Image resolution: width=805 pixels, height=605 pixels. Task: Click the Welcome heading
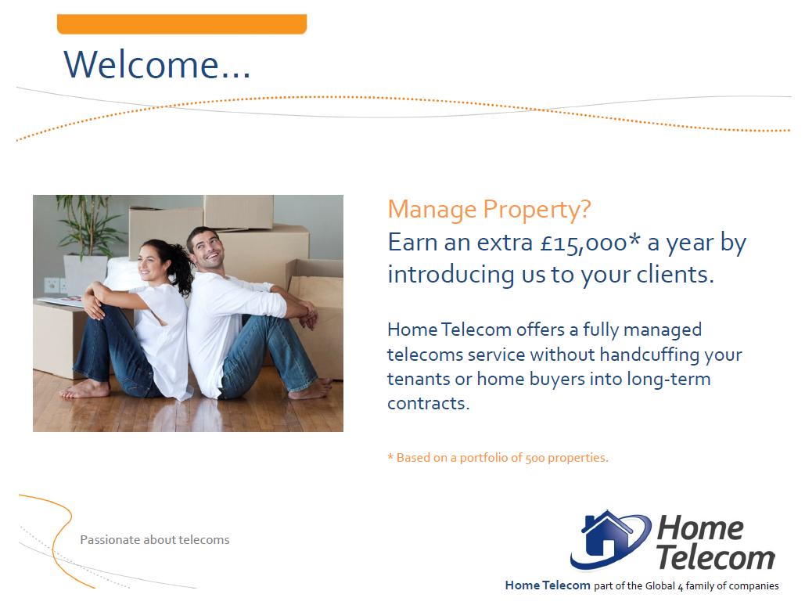tap(156, 64)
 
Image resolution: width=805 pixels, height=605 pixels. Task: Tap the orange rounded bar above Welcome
tap(181, 24)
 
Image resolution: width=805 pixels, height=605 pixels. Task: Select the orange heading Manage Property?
tap(489, 210)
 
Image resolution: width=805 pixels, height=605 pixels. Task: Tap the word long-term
tap(669, 380)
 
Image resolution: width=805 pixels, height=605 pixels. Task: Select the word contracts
tap(428, 404)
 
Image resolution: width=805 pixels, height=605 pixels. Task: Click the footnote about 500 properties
tap(498, 458)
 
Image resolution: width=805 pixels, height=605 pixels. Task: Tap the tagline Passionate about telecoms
tap(155, 540)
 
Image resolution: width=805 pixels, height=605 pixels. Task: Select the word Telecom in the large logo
tap(715, 558)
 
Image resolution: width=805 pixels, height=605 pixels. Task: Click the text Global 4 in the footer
tap(664, 586)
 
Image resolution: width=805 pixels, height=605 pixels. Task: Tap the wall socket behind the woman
tap(52, 285)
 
